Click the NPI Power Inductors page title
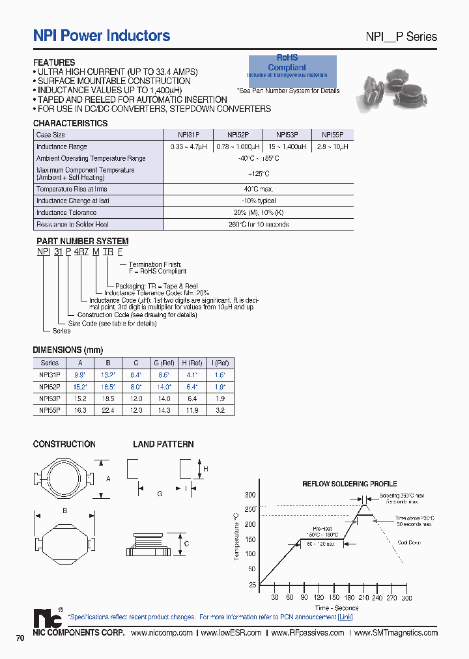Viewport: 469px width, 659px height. pos(102,36)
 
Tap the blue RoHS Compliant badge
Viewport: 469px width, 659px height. pos(292,67)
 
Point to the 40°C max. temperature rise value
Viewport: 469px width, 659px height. pos(258,189)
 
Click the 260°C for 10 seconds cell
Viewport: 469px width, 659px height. pos(258,224)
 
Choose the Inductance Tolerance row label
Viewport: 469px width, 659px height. pos(66,212)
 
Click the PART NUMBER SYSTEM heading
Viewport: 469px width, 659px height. pos(81,241)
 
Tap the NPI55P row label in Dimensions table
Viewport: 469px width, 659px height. pos(50,410)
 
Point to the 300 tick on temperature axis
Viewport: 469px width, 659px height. pos(251,495)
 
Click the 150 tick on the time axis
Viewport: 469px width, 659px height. pos(334,597)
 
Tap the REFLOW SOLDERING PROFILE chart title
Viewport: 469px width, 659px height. pos(349,484)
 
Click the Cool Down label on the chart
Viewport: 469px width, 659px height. pos(409,542)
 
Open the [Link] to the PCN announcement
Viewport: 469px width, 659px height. pos(345,617)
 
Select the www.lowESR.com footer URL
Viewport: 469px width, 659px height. pos(231,632)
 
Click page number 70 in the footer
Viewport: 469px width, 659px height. pos(20,638)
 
